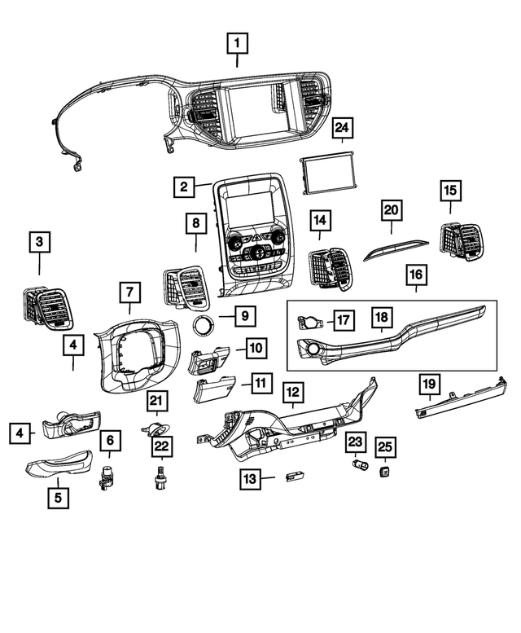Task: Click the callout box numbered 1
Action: pyautogui.click(x=237, y=41)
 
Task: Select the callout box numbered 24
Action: pyautogui.click(x=343, y=128)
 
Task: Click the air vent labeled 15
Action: pyautogui.click(x=459, y=240)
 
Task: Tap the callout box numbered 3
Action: pyautogui.click(x=39, y=241)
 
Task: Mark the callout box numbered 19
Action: pyautogui.click(x=429, y=381)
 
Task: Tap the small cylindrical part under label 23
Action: pyautogui.click(x=357, y=467)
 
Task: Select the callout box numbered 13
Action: pyautogui.click(x=252, y=479)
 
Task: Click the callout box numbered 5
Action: pyautogui.click(x=58, y=495)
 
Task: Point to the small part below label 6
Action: pyautogui.click(x=107, y=477)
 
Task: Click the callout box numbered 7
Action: pyautogui.click(x=129, y=291)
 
